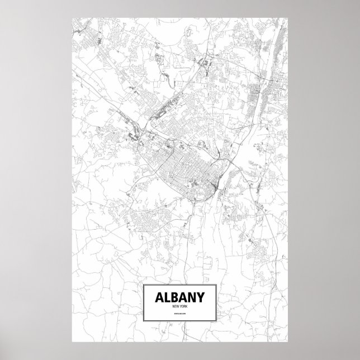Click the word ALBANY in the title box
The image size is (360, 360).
(180, 297)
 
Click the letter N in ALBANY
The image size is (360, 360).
(193, 297)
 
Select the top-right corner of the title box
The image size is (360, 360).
(216, 285)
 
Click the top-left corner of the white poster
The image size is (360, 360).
(72, 17)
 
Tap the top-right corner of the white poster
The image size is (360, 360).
(288, 17)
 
